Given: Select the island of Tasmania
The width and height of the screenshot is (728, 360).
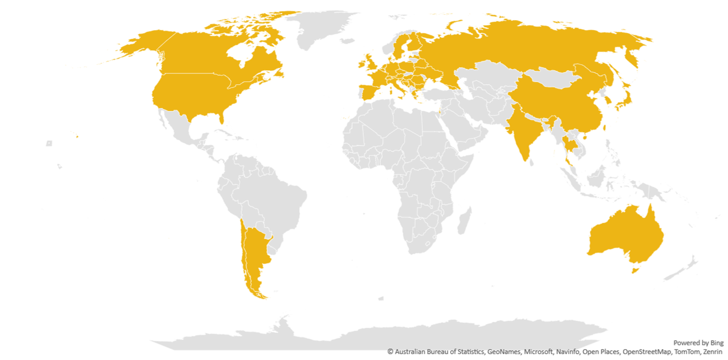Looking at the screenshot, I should coord(635,270).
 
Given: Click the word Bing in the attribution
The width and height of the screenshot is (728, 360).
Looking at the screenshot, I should coord(716,343).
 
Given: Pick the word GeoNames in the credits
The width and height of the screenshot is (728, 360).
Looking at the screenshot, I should coord(504,352).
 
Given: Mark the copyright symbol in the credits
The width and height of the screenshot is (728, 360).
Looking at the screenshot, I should coord(390,352).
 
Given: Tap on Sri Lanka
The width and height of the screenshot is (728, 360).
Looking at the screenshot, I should coord(530,161).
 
